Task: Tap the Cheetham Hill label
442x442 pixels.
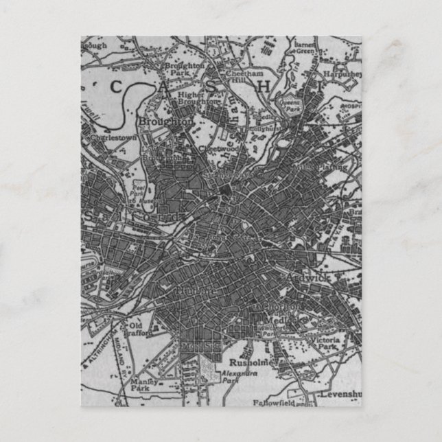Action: click(x=246, y=77)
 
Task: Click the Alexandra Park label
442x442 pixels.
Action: click(x=234, y=376)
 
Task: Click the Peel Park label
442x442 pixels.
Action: click(x=139, y=190)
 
